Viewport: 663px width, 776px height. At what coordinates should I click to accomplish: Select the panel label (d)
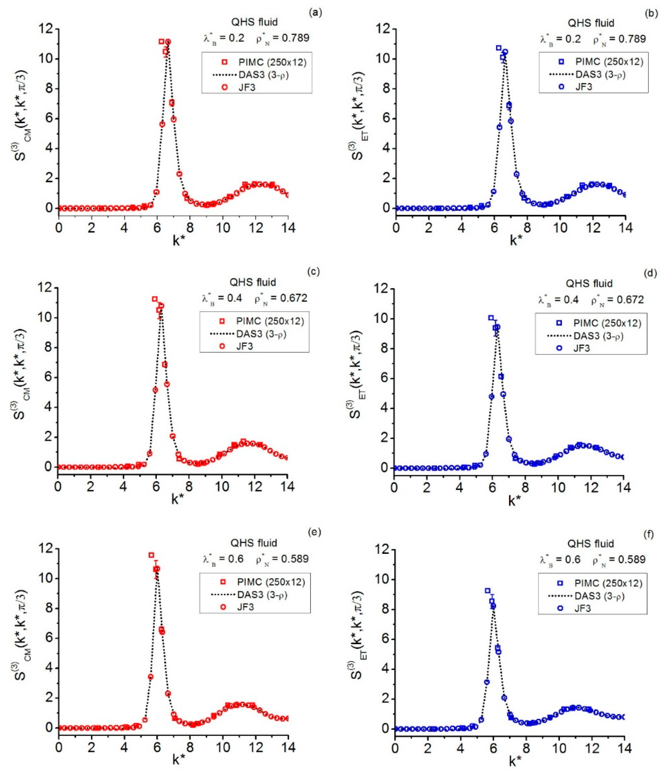650,273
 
